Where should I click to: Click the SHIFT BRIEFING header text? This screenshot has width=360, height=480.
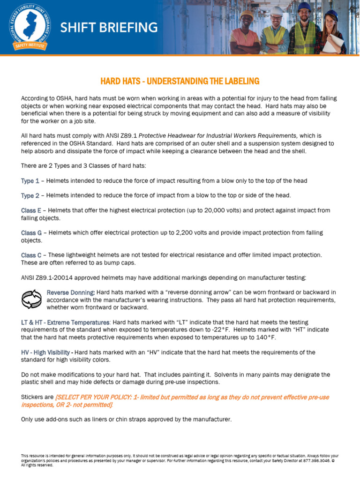tap(109, 28)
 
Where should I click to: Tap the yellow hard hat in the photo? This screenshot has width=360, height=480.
tap(247, 15)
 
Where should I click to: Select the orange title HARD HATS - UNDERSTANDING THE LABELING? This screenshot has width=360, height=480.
tap(180, 81)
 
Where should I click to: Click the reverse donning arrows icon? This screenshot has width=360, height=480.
tap(32, 299)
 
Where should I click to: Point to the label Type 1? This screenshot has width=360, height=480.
tap(30, 181)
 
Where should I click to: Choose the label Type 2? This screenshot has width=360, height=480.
tap(30, 195)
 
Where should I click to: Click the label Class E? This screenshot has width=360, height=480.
tap(31, 210)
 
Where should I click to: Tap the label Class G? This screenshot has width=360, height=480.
tap(31, 232)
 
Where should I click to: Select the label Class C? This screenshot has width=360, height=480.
tap(31, 255)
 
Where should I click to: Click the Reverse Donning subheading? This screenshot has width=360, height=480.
tap(71, 292)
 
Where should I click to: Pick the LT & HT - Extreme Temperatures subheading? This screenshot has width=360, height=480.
tap(66, 322)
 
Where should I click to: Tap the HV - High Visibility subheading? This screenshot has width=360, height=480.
tap(45, 352)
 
